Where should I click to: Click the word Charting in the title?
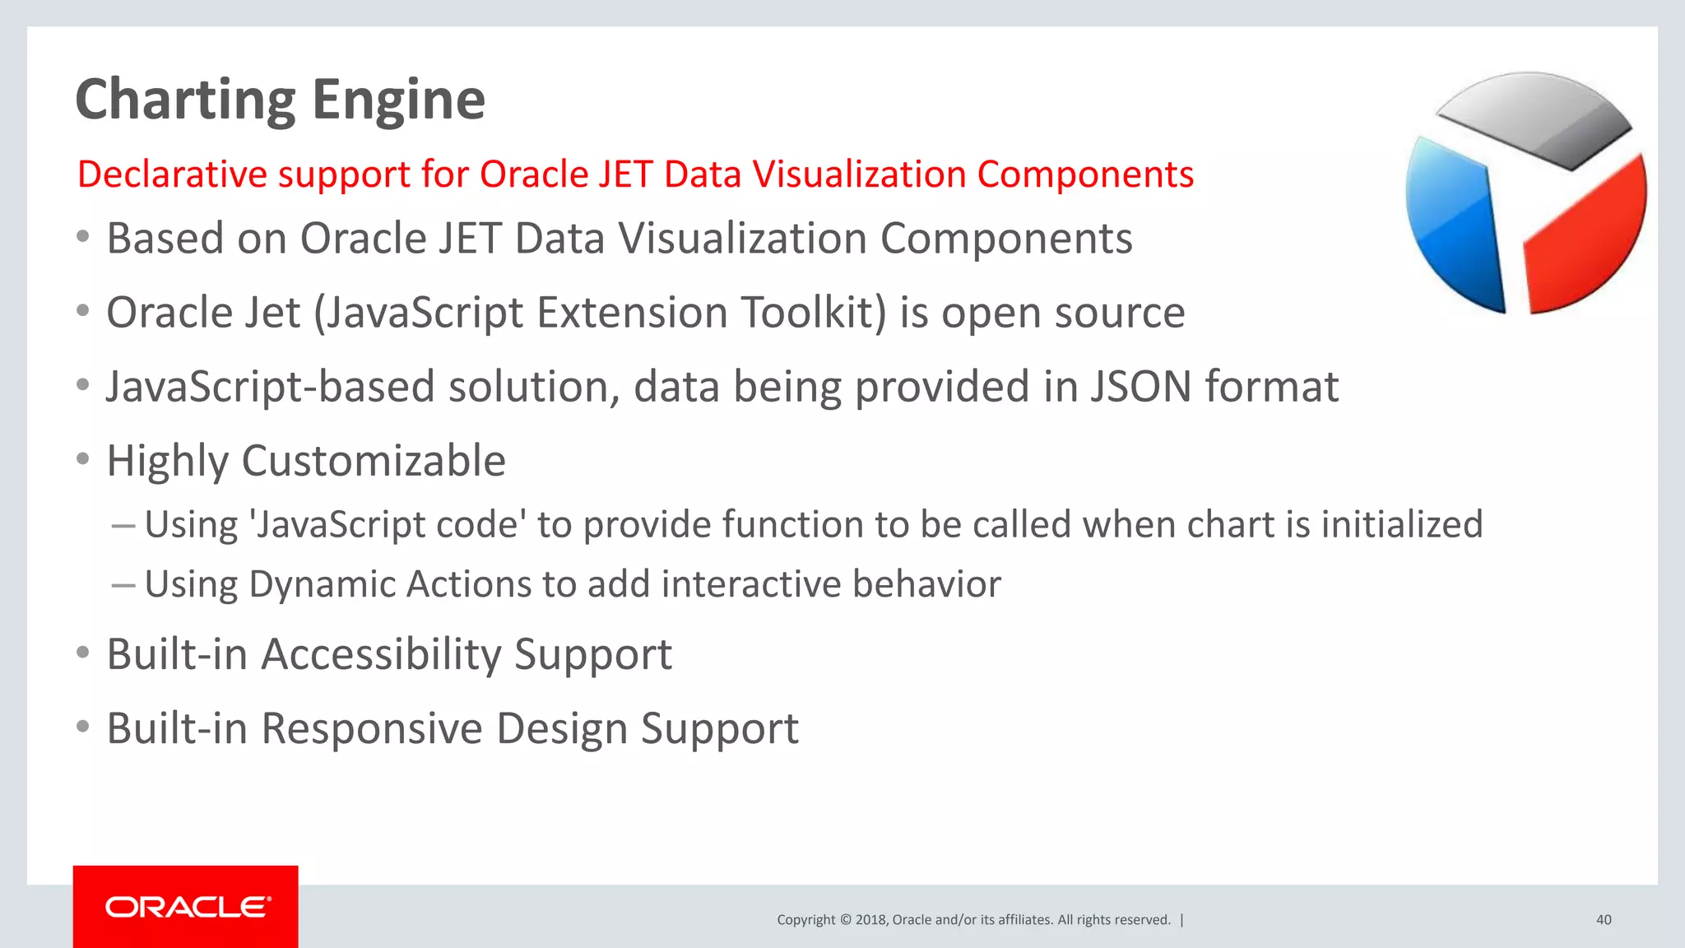click(184, 100)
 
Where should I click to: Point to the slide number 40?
click(1603, 920)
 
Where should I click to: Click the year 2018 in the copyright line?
click(870, 920)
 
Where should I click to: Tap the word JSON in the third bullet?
click(1140, 387)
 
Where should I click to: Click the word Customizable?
click(374, 461)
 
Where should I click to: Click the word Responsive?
click(372, 729)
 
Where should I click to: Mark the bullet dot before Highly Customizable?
click(82, 459)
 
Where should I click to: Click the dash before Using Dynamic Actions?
click(123, 585)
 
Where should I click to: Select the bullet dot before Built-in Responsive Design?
click(82, 727)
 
